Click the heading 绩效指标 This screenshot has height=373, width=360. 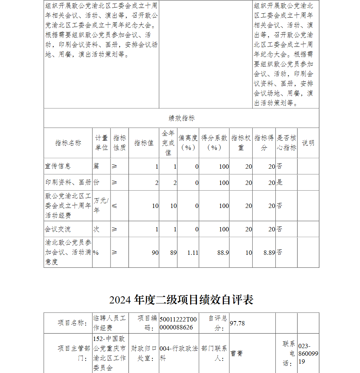pyautogui.click(x=181, y=118)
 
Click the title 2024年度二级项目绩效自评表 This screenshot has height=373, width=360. pyautogui.click(x=181, y=299)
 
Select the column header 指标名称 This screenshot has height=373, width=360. pyautogui.click(x=68, y=143)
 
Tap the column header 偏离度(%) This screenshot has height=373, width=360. pyautogui.click(x=188, y=143)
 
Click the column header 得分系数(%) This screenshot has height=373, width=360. pyautogui.click(x=214, y=143)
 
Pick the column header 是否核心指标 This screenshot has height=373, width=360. pyautogui.click(x=287, y=143)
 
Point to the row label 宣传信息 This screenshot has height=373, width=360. pyautogui.click(x=58, y=166)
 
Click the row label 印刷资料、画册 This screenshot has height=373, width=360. pyautogui.click(x=68, y=182)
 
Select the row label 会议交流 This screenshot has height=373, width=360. pyautogui.click(x=58, y=229)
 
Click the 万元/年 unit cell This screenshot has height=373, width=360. pyautogui.click(x=101, y=205)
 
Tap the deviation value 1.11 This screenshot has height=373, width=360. pyautogui.click(x=193, y=253)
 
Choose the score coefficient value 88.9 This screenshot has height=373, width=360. pyautogui.click(x=223, y=253)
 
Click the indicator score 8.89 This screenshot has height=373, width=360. pyautogui.click(x=269, y=253)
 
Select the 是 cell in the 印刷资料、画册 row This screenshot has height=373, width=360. pyautogui.click(x=280, y=182)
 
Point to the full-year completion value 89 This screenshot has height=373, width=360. pyautogui.click(x=174, y=253)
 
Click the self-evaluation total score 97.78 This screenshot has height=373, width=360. pyautogui.click(x=237, y=323)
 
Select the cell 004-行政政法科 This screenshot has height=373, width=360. pyautogui.click(x=179, y=354)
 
